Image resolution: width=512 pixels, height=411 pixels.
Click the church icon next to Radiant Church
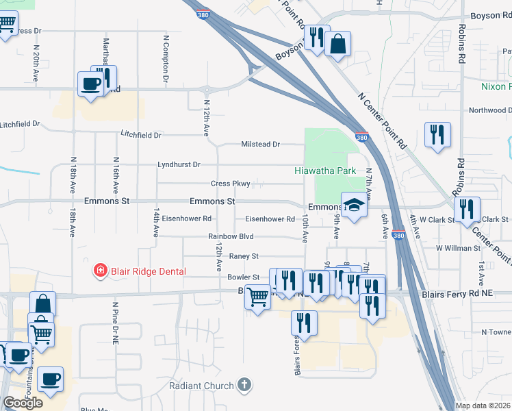click(244, 386)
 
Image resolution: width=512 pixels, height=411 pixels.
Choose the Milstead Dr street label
click(261, 145)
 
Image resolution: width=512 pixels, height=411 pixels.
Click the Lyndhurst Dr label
click(179, 165)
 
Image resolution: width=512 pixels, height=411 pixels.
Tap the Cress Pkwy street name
click(230, 184)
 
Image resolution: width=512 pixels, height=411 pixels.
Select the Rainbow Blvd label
click(231, 236)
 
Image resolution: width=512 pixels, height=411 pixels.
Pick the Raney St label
click(243, 256)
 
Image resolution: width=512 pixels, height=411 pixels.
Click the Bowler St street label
click(243, 277)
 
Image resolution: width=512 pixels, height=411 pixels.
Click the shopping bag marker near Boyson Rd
click(337, 45)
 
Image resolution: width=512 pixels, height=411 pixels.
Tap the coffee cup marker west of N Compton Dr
click(90, 84)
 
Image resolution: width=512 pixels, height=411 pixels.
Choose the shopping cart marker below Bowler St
click(257, 297)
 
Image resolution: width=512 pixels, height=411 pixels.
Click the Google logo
click(23, 403)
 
